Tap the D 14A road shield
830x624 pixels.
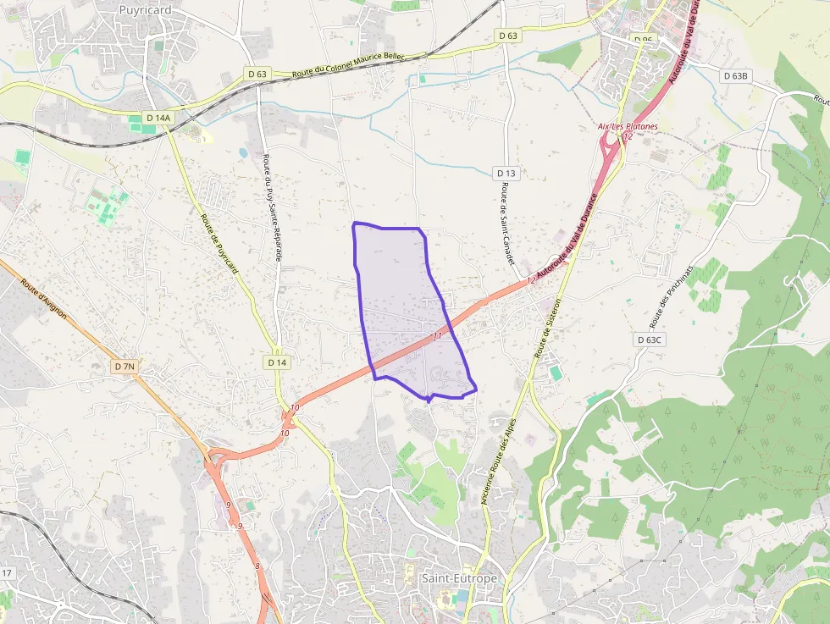tap(158, 118)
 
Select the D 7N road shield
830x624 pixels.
tap(124, 367)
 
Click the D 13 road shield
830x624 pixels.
tap(506, 174)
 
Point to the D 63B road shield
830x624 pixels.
tap(737, 76)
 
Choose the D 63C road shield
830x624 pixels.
tap(650, 340)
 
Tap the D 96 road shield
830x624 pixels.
tap(644, 40)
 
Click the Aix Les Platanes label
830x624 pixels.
tap(628, 127)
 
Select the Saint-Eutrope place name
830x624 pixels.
tap(460, 578)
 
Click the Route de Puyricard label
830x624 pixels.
tap(217, 240)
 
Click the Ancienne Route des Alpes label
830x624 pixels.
tap(499, 461)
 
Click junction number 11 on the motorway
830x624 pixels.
tap(437, 336)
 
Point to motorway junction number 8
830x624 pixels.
tap(257, 566)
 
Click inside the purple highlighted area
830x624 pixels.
tap(398, 305)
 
